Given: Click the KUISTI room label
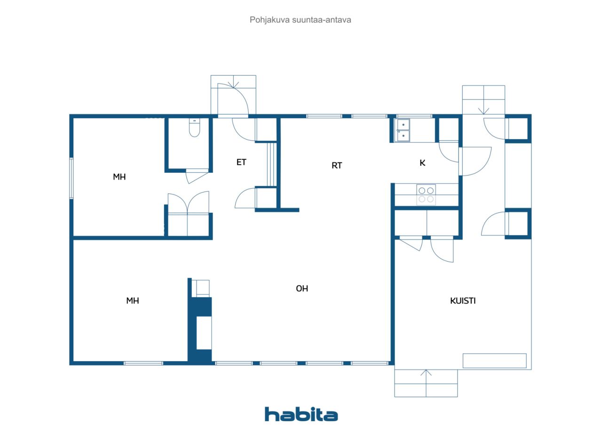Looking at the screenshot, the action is click(x=463, y=301).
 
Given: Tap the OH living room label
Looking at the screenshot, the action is click(x=302, y=288).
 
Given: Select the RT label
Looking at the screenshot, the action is click(x=337, y=166).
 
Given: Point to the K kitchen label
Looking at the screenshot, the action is click(x=422, y=163).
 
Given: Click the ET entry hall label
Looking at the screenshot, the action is click(x=241, y=162).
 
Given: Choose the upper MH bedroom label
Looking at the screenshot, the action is click(x=119, y=177).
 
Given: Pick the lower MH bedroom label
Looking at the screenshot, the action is click(x=133, y=301).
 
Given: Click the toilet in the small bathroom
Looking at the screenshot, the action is click(x=194, y=128).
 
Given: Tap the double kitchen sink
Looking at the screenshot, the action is click(x=402, y=130).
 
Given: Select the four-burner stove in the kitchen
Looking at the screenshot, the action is click(x=426, y=194).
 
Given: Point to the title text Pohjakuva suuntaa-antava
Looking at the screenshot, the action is click(x=300, y=20).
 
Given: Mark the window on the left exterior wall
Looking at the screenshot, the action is click(x=71, y=178).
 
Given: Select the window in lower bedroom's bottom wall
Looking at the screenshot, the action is click(x=143, y=363).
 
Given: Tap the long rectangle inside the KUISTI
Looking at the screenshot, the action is click(x=494, y=361).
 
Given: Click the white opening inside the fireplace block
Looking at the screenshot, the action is click(x=204, y=333).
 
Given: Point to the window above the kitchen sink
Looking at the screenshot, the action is click(x=414, y=116).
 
